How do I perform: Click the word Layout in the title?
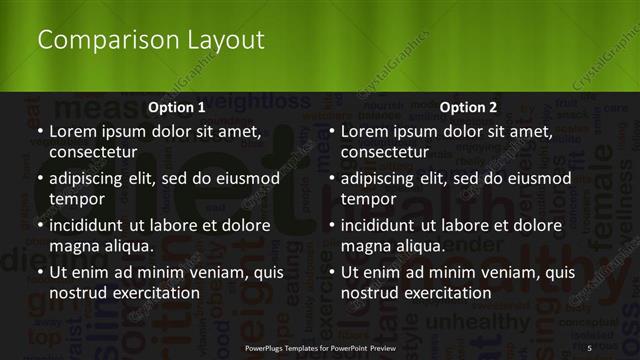[226, 40]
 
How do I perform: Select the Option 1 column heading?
[176, 107]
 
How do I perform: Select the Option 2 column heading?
[468, 107]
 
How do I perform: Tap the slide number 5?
[590, 347]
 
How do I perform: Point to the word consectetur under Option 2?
[385, 153]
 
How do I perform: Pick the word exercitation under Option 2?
[445, 293]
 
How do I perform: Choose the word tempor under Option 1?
[75, 199]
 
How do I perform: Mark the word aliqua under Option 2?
[420, 246]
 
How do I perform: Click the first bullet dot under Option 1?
[40, 131]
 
